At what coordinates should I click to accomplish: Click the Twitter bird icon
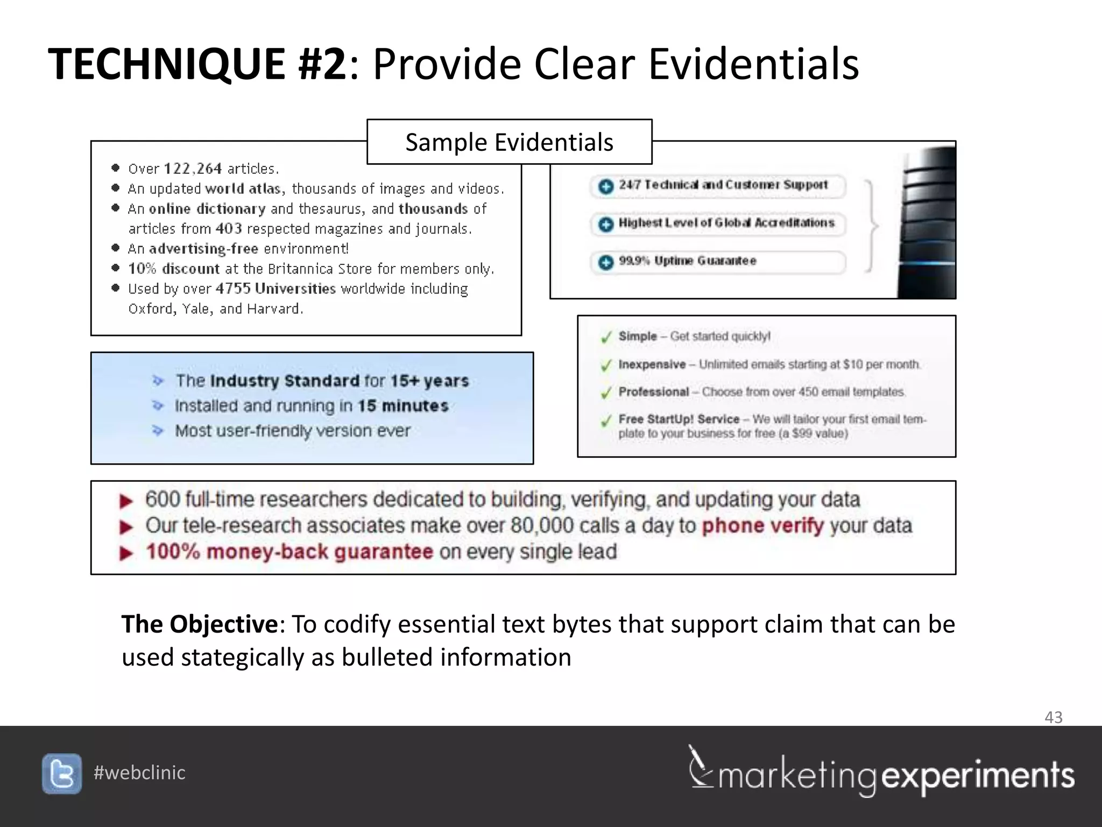click(62, 774)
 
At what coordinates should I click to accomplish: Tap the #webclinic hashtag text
click(139, 773)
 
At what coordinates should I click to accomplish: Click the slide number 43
click(1053, 717)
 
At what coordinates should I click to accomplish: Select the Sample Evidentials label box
click(509, 142)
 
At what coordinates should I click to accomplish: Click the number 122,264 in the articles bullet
click(193, 169)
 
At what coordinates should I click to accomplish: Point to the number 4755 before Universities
click(233, 289)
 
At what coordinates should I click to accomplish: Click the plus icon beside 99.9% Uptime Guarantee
click(606, 262)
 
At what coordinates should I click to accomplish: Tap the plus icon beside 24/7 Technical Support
click(606, 186)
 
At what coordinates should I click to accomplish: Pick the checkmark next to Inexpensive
click(606, 366)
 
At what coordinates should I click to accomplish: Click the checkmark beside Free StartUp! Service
click(606, 420)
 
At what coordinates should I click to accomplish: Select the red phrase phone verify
click(762, 525)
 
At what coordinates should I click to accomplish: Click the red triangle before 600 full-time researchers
click(126, 501)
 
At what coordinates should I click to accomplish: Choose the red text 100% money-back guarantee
click(289, 552)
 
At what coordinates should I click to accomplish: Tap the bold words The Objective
click(200, 625)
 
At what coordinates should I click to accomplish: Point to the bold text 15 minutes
click(403, 405)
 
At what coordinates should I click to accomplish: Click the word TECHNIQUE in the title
click(167, 64)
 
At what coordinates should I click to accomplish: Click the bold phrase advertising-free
click(203, 249)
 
